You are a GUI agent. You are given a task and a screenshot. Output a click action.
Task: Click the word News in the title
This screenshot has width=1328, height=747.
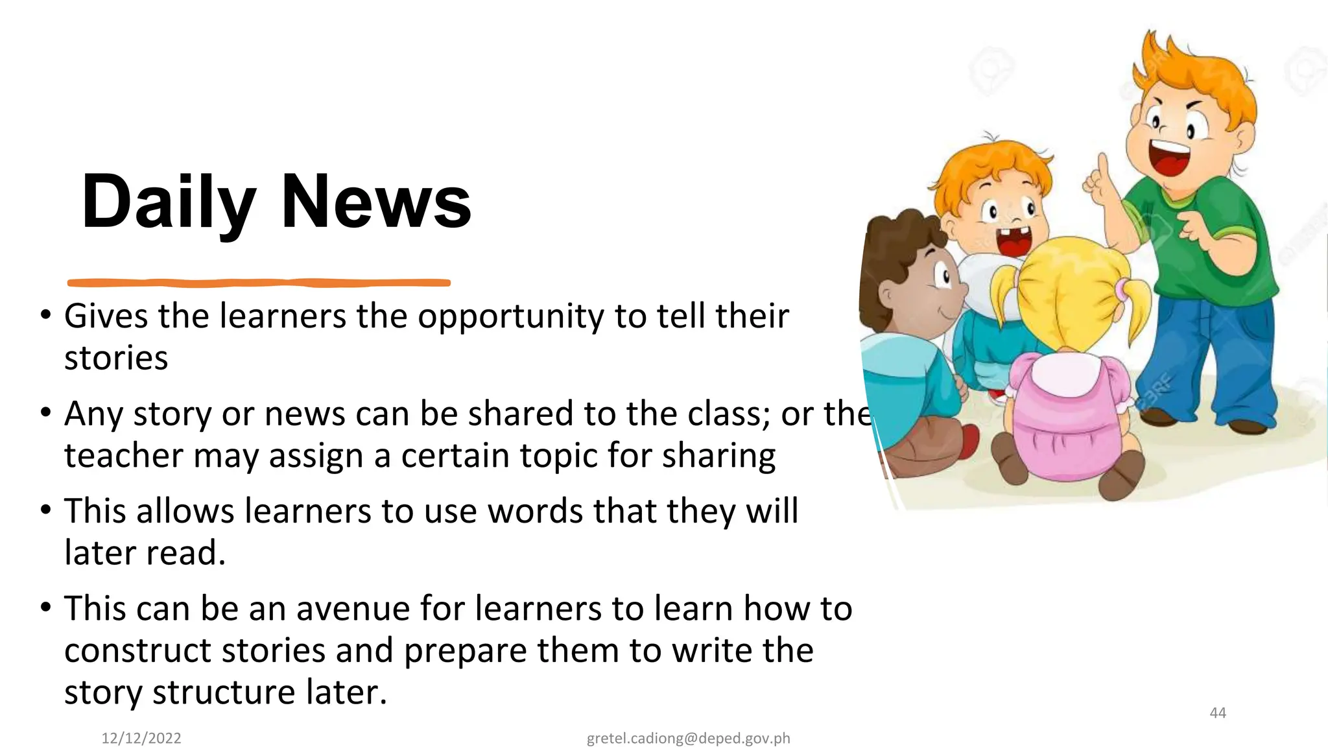[x=375, y=202]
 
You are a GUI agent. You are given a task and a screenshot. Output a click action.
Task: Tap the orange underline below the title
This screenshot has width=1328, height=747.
[x=259, y=283]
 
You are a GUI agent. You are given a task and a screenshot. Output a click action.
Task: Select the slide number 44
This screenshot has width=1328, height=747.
[x=1218, y=713]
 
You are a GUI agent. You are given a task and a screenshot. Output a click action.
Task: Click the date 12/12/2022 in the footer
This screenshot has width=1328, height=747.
[x=141, y=738]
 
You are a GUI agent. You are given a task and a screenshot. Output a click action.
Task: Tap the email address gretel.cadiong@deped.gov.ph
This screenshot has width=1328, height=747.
[x=688, y=738]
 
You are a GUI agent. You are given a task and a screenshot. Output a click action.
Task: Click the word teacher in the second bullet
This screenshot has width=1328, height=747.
[x=124, y=455]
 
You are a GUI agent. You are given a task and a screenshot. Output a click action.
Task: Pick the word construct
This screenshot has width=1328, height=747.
[x=137, y=650]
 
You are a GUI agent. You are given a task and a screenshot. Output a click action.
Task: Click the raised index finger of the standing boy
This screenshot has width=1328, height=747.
[x=1102, y=166]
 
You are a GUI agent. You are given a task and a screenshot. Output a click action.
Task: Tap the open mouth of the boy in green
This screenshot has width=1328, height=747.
[x=1168, y=160]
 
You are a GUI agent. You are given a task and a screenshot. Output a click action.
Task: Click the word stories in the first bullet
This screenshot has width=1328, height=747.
[x=116, y=359]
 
